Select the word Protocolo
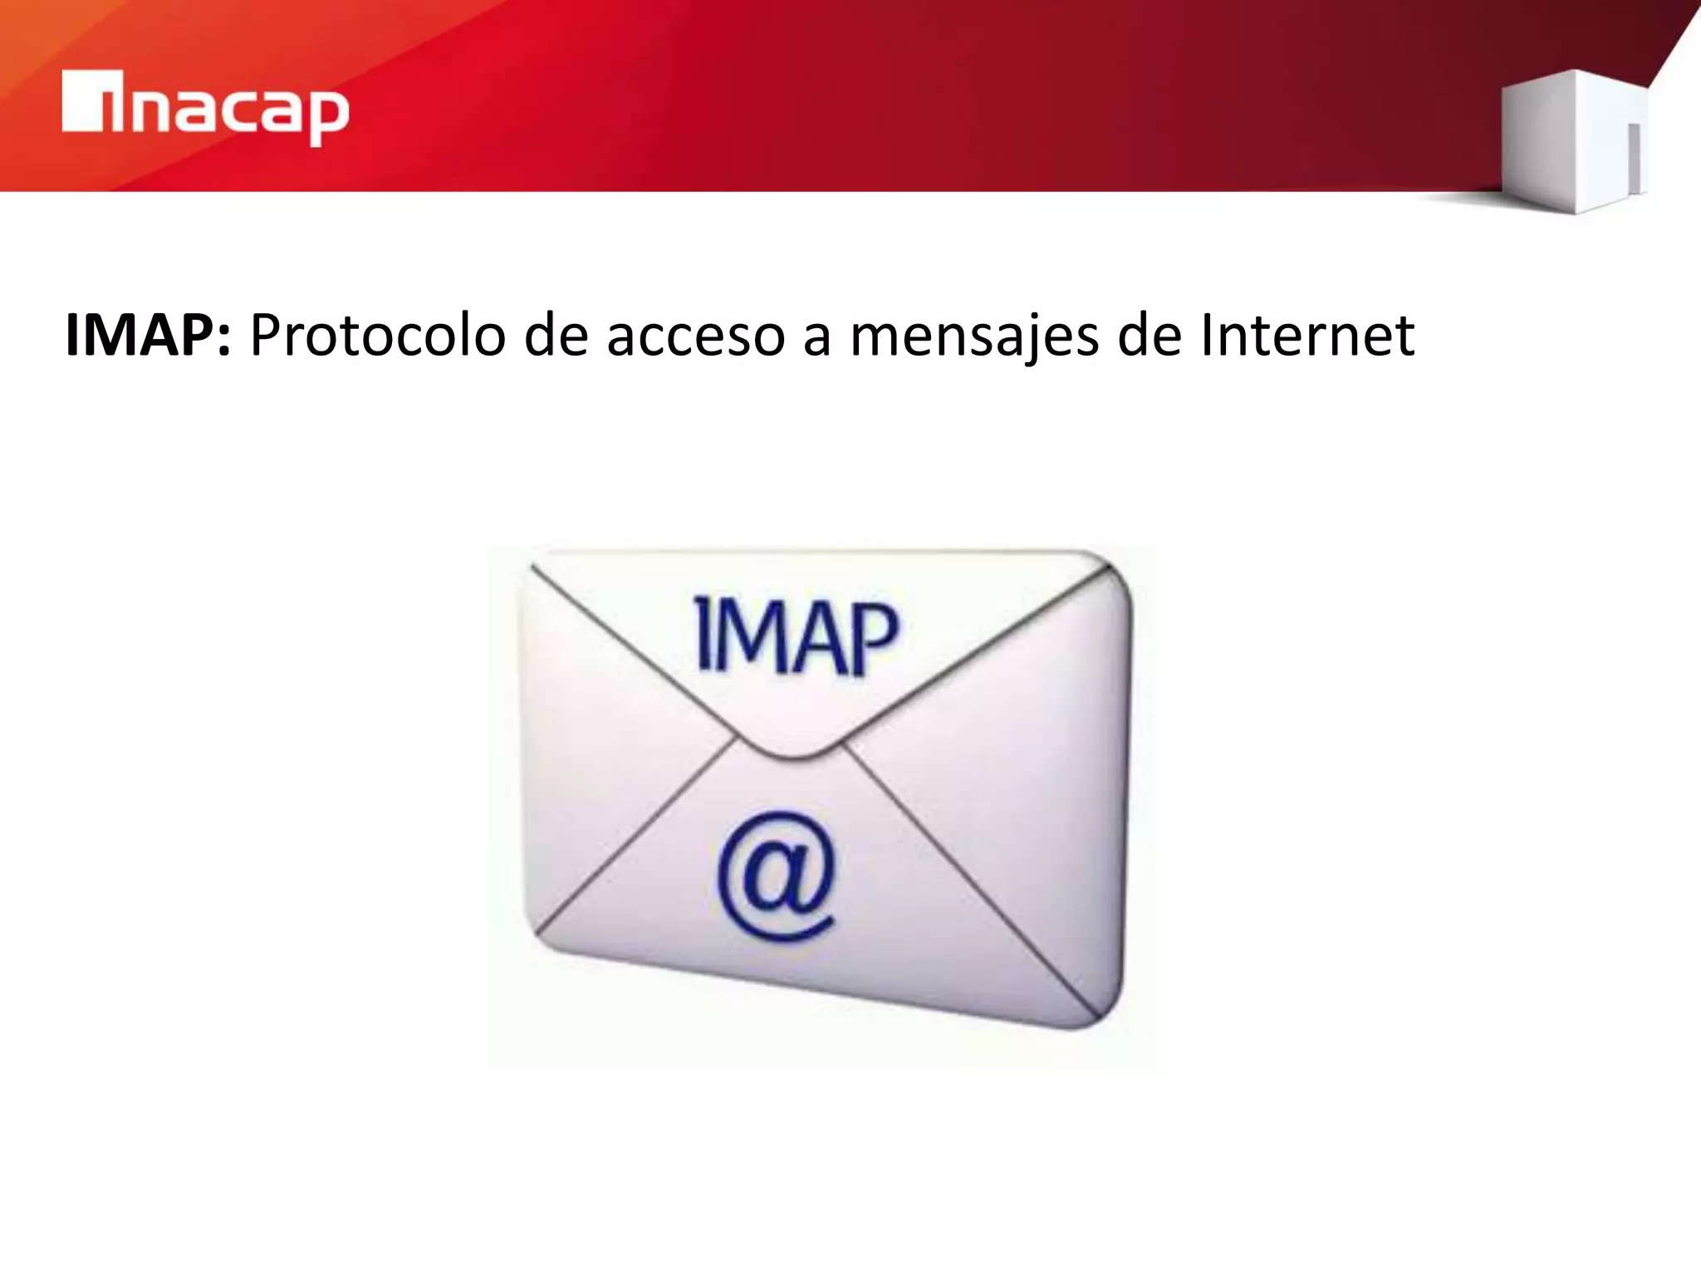point(377,336)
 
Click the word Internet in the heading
point(1307,336)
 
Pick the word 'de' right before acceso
point(555,336)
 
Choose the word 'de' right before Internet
point(1150,336)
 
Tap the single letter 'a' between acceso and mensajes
point(816,340)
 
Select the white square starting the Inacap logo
point(81,101)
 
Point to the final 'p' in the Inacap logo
point(329,116)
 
